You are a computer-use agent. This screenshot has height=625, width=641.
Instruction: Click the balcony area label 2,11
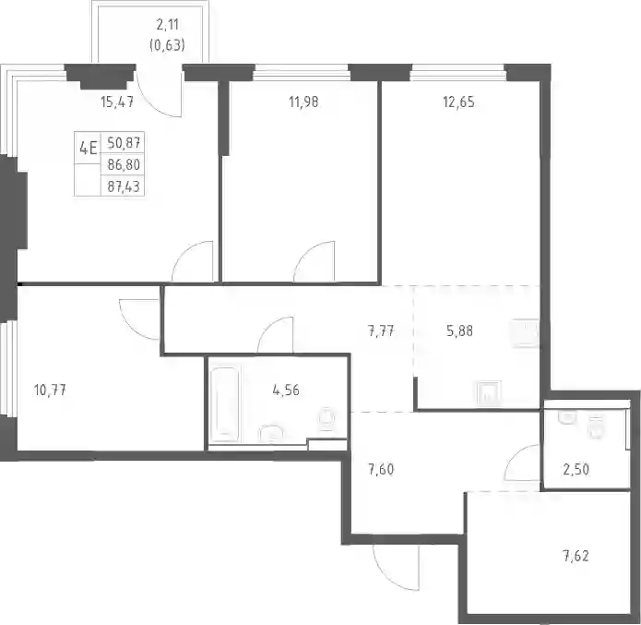[x=168, y=25]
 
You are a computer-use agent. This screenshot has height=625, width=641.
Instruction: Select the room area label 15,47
[x=117, y=102]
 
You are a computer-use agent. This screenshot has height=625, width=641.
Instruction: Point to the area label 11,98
[x=303, y=102]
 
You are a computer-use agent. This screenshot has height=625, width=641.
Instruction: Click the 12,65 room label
[x=458, y=102]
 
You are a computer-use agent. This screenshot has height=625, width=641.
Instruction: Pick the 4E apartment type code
[x=89, y=148]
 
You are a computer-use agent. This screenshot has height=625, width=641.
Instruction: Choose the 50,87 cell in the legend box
[x=124, y=143]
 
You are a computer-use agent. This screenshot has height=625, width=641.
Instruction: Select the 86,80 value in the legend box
[x=124, y=164]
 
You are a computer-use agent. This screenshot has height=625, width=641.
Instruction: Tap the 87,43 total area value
[x=124, y=186]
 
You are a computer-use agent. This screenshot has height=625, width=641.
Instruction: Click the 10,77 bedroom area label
[x=50, y=391]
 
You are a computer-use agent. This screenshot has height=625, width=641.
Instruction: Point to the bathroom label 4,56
[x=286, y=391]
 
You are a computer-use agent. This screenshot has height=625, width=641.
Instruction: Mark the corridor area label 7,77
[x=381, y=331]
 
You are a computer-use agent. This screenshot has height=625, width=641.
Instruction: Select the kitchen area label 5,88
[x=460, y=331]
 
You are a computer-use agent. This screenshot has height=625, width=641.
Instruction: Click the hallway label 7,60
[x=381, y=469]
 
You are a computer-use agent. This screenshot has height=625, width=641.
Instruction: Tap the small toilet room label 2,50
[x=576, y=469]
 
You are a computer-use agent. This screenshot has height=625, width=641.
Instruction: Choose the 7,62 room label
[x=576, y=557]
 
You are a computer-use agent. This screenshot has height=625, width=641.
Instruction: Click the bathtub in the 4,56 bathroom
[x=225, y=404]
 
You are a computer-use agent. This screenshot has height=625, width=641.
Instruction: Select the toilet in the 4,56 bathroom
[x=326, y=418]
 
